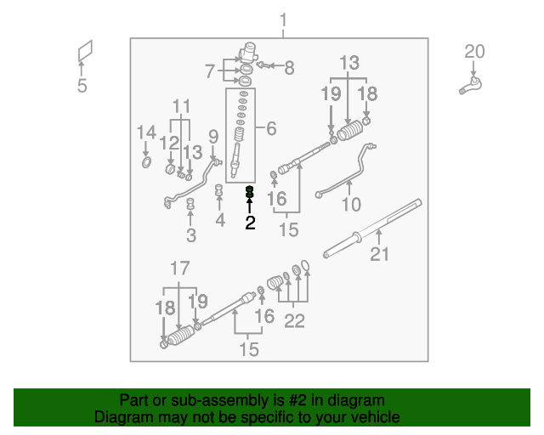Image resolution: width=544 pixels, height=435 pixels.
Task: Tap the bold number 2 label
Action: click(x=250, y=223)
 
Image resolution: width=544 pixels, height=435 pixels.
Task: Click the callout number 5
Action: click(x=82, y=86)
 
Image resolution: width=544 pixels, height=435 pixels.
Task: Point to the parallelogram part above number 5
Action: click(x=83, y=53)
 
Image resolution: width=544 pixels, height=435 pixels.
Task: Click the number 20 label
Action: click(x=473, y=53)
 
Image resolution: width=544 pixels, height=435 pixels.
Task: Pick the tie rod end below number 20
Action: click(x=470, y=83)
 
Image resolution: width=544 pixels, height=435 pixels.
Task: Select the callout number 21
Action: click(x=382, y=253)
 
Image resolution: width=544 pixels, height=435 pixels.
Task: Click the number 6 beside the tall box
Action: click(x=271, y=129)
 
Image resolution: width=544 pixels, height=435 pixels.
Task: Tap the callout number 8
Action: click(x=289, y=66)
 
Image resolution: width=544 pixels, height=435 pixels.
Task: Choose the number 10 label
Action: click(x=351, y=205)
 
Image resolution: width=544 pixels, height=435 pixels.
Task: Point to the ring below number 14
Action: click(x=145, y=161)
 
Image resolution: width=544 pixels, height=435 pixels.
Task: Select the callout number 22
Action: click(x=294, y=321)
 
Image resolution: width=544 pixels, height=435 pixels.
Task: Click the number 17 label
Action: click(x=178, y=268)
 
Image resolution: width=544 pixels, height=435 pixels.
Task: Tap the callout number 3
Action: click(x=191, y=235)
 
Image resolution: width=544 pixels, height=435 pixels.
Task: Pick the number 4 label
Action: click(x=220, y=221)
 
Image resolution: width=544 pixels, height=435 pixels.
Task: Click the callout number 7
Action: click(x=210, y=71)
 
